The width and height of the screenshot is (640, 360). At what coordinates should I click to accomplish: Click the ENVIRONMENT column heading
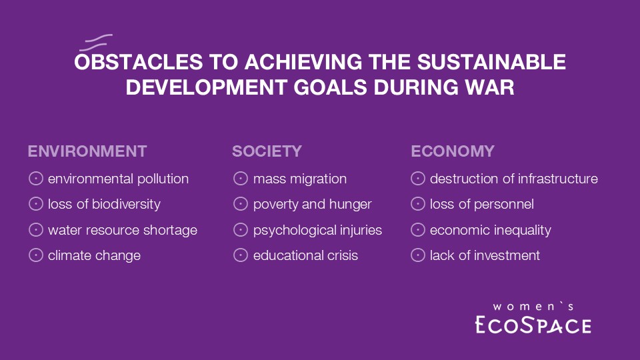click(x=87, y=151)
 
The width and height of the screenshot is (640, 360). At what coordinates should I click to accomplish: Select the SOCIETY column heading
click(x=267, y=151)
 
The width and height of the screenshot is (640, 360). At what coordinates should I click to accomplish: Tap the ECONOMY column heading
click(x=453, y=151)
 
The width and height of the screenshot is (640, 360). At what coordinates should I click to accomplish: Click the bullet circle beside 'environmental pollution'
click(x=36, y=179)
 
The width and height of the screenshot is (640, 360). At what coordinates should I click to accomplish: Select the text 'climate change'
click(x=94, y=255)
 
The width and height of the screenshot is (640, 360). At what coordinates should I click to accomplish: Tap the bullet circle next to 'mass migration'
click(x=241, y=179)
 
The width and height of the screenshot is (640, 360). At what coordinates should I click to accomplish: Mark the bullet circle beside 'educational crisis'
click(x=241, y=255)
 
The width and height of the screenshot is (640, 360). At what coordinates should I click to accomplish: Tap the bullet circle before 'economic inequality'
click(x=418, y=230)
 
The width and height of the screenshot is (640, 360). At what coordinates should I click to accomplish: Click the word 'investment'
click(x=507, y=255)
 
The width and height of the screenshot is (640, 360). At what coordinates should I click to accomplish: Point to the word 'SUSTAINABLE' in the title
click(x=491, y=62)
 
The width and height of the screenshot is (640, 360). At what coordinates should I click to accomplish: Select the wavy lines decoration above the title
click(x=96, y=43)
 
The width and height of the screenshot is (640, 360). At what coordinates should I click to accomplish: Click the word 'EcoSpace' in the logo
click(x=533, y=325)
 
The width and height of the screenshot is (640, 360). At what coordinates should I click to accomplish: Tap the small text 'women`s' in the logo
click(x=533, y=307)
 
